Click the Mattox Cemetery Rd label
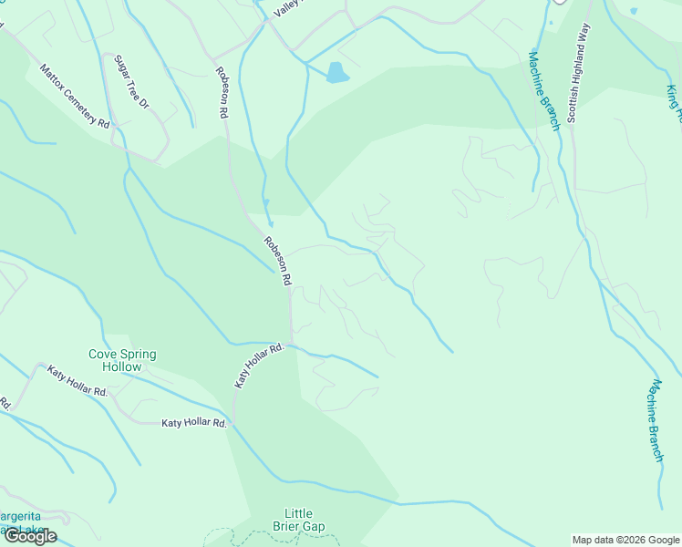(x=74, y=95)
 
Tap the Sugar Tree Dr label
(x=131, y=82)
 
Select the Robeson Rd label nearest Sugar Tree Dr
(x=222, y=93)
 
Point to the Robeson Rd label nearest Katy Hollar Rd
(x=277, y=262)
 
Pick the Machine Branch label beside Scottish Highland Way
(x=543, y=90)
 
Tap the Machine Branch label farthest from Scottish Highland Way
(x=656, y=420)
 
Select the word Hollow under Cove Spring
(x=122, y=367)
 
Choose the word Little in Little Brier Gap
(x=299, y=513)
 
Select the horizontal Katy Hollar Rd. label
(x=193, y=423)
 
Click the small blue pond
(x=337, y=73)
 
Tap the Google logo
(x=29, y=536)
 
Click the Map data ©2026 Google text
(x=625, y=540)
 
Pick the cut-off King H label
(x=674, y=103)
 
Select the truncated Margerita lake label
(x=20, y=518)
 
